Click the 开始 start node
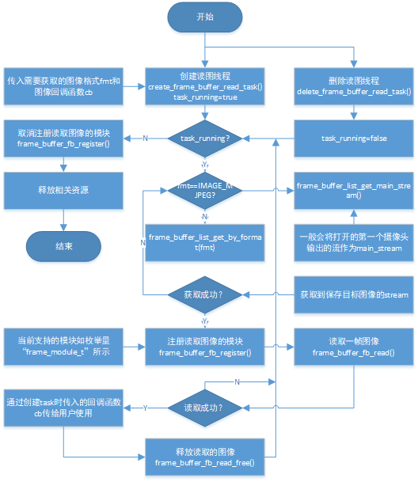pos(205,19)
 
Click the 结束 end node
pos(64,246)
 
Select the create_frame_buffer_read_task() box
pos(205,85)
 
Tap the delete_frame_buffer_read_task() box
pos(354,85)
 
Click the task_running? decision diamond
pos(205,138)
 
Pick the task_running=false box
pos(354,138)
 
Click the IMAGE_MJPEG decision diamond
pos(205,191)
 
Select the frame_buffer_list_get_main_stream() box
pos(354,191)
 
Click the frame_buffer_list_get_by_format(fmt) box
pos(205,243)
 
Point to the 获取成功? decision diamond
pos(205,295)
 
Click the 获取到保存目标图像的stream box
pos(354,295)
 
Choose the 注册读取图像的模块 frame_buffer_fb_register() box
pos(205,346)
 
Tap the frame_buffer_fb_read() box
pos(354,346)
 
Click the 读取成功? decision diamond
pos(205,408)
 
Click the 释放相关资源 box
pos(64,191)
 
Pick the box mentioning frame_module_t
pos(64,346)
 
